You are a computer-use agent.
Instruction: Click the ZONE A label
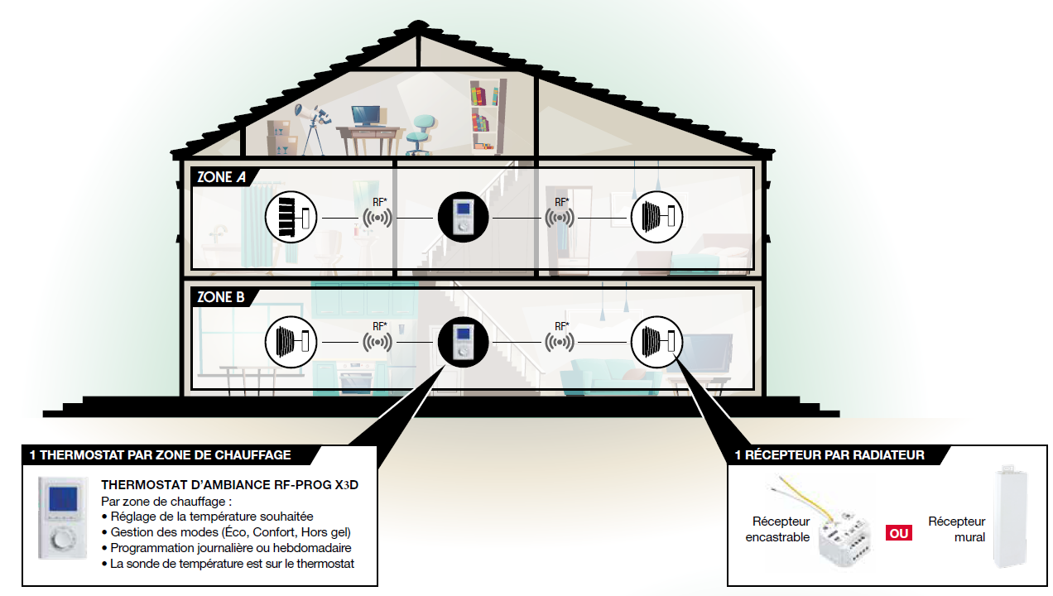(x=220, y=177)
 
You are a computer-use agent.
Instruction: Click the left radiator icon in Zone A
(x=291, y=218)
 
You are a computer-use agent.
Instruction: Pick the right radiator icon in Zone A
(x=657, y=218)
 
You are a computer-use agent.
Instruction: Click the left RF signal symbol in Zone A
(x=377, y=218)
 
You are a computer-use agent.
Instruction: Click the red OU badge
(x=899, y=533)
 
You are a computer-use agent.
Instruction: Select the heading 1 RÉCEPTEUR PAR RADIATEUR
(x=829, y=455)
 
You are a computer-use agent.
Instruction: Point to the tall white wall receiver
(x=1011, y=517)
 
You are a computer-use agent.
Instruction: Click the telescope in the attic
(x=311, y=124)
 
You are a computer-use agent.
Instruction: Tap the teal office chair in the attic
(x=421, y=132)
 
